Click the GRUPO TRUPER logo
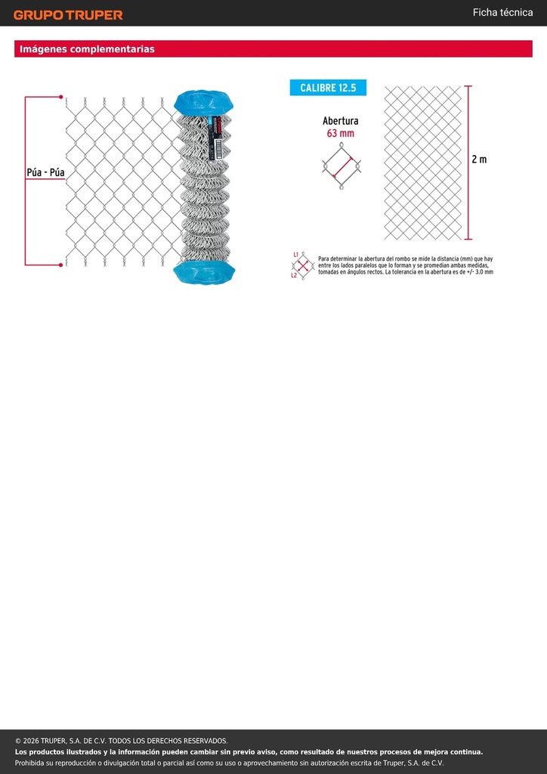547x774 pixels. click(x=68, y=15)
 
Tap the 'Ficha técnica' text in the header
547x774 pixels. click(x=502, y=13)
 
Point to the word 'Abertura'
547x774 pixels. click(x=340, y=121)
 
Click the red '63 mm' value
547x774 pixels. click(x=340, y=133)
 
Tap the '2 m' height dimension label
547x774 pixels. click(x=479, y=159)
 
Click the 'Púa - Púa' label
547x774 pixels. click(x=45, y=173)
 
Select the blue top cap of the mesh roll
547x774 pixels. click(x=204, y=102)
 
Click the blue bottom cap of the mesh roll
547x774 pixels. click(x=204, y=272)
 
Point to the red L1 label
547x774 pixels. click(x=295, y=254)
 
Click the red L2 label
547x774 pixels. click(x=294, y=275)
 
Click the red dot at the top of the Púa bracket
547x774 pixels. click(x=60, y=97)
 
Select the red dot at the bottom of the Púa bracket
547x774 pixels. click(x=60, y=265)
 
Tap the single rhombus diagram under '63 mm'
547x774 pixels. click(x=341, y=166)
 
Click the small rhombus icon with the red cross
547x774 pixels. click(x=304, y=265)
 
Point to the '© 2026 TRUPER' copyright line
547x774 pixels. click(x=122, y=741)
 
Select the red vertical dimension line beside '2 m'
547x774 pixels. click(x=468, y=163)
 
